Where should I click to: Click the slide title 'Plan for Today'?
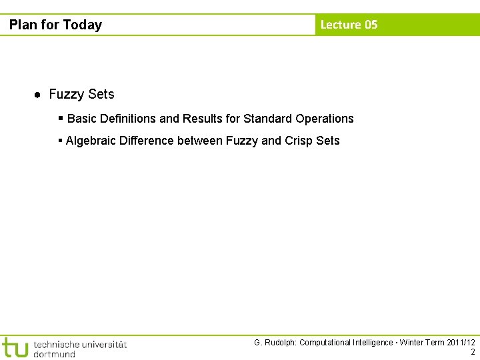[55, 25]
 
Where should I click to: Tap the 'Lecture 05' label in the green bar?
[349, 25]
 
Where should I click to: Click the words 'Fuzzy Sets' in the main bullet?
[81, 95]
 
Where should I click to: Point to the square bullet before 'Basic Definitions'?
[61, 118]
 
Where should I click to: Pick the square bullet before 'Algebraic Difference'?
[61, 140]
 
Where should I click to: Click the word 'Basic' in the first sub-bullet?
[82, 119]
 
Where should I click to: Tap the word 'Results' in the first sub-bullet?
[203, 119]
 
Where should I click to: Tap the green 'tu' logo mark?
[15, 347]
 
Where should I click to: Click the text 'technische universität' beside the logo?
[79, 344]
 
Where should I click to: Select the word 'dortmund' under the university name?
[54, 354]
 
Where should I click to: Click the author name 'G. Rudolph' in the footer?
[274, 343]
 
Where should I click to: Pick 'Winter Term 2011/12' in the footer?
[437, 343]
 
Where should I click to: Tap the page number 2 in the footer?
[473, 352]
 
